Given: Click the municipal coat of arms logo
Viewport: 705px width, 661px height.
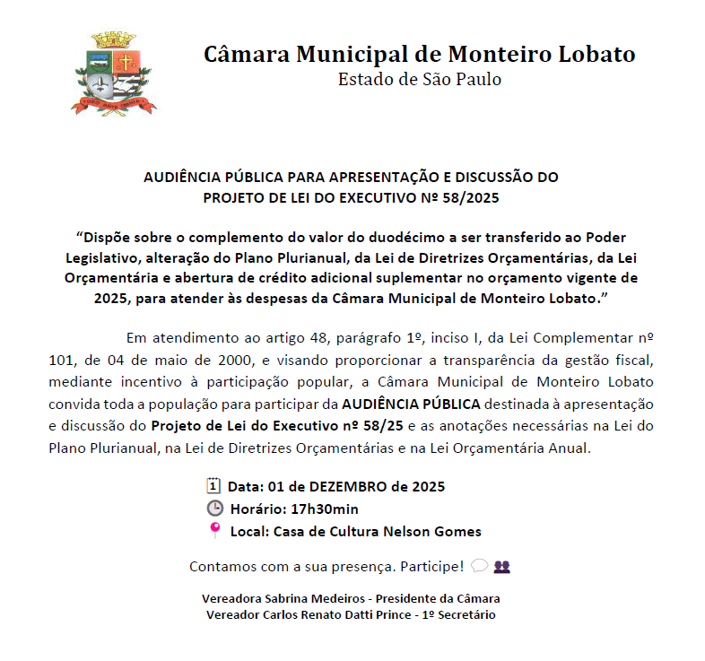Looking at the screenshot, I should tap(114, 74).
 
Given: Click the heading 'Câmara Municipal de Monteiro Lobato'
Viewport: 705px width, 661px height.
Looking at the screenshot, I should tap(419, 54).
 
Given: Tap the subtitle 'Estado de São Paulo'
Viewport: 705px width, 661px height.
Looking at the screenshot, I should tap(419, 80).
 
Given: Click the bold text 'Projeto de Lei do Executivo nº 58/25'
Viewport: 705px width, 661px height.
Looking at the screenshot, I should tap(276, 425).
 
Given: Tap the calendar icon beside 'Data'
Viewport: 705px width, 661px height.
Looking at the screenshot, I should tap(213, 486).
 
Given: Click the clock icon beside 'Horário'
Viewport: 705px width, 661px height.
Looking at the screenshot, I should tap(213, 509).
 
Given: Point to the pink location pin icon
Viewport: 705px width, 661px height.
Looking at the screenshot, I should tap(214, 530).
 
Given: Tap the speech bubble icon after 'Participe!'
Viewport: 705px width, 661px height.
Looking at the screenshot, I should tap(478, 566).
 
